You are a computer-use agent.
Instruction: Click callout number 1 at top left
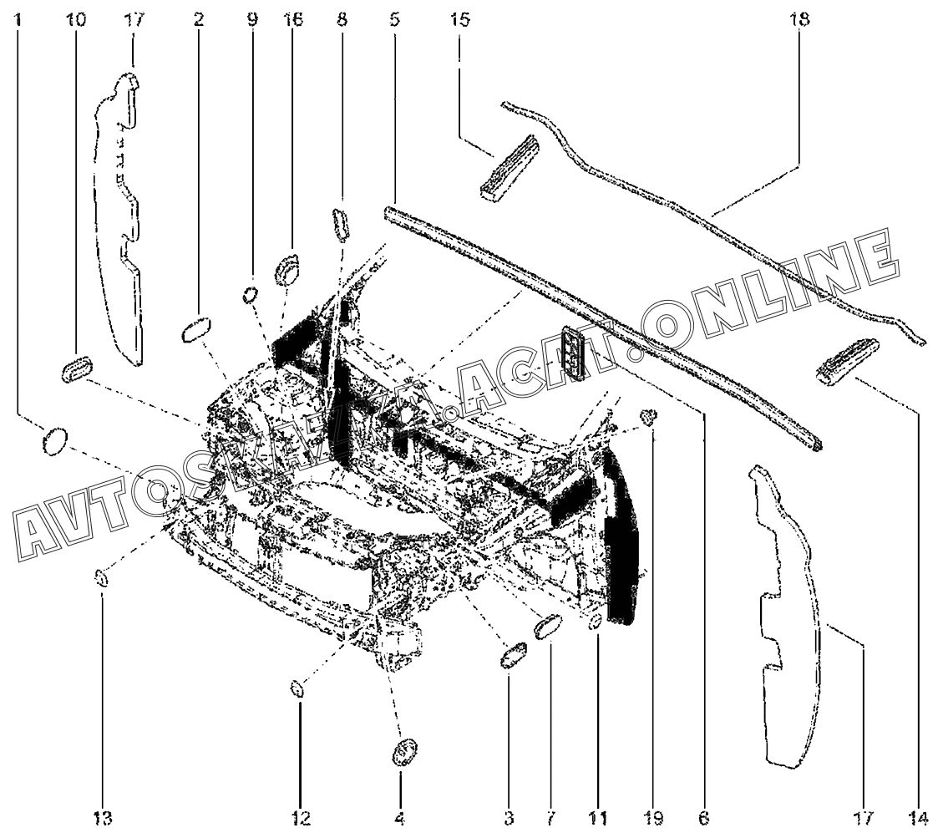coord(18,19)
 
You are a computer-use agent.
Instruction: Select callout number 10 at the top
coord(76,19)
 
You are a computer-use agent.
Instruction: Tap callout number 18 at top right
coord(799,19)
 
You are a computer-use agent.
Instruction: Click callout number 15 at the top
coord(459,19)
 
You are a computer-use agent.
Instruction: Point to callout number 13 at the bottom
coord(102,818)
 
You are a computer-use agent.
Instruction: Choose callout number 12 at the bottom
coord(301,818)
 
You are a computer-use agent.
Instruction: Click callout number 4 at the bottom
coord(400,818)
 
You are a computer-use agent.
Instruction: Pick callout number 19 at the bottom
coord(654,818)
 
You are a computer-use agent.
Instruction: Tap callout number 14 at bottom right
coord(919,818)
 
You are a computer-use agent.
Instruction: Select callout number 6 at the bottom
coord(704,818)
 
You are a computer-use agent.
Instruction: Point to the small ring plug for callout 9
coord(251,295)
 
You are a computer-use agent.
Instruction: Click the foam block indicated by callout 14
coord(847,362)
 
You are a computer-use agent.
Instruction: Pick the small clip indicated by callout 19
coord(650,416)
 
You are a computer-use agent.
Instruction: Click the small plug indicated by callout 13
coord(101,579)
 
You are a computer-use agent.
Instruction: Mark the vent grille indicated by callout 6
coord(573,353)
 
